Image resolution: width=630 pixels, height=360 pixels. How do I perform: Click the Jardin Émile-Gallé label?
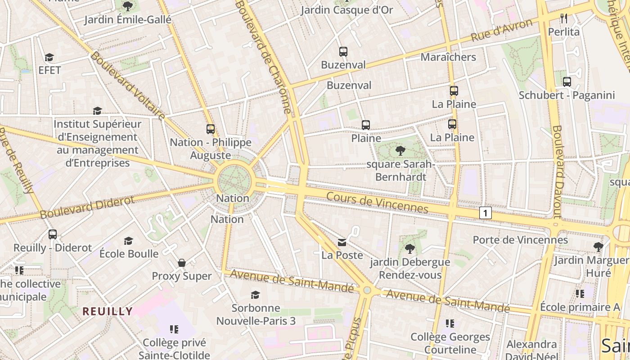[x=128, y=20]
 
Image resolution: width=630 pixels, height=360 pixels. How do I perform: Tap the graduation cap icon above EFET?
[x=49, y=58]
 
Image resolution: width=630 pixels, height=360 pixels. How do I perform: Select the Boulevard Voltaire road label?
[x=127, y=86]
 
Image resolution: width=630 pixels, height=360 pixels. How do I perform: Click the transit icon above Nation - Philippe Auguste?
[x=210, y=129]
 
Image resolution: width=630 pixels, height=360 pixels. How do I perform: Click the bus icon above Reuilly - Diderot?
[x=53, y=234]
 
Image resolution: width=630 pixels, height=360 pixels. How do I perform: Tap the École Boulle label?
[x=129, y=253]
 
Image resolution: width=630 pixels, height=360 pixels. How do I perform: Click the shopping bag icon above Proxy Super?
[x=182, y=263]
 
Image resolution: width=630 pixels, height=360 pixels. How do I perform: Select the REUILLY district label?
[x=108, y=311]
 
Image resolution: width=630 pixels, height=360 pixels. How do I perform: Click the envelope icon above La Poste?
[x=342, y=243]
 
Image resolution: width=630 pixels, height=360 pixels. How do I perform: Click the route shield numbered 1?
[x=485, y=213]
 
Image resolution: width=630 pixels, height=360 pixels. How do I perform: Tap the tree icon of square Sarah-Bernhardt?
[x=400, y=151]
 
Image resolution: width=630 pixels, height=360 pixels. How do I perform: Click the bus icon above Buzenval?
[x=343, y=52]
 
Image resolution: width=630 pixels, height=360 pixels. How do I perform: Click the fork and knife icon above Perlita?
[x=564, y=18]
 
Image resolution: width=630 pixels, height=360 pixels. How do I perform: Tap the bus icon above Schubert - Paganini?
[x=567, y=82]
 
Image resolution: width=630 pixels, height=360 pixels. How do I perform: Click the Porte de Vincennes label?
[x=520, y=240]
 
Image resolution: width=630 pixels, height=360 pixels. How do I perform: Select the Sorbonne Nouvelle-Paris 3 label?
[x=256, y=315]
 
